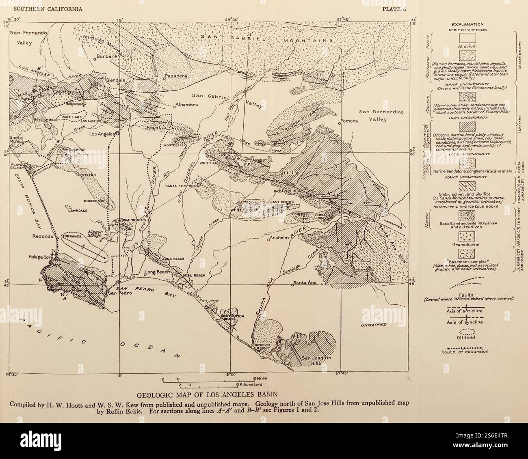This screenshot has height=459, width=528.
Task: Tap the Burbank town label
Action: coord(107,57)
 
